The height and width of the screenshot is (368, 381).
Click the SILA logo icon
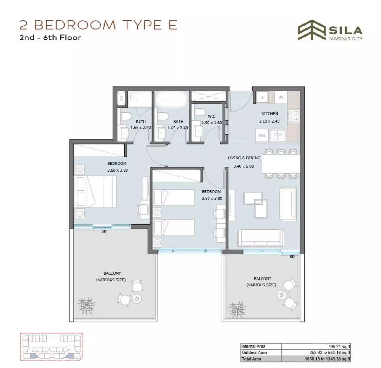click(x=312, y=30)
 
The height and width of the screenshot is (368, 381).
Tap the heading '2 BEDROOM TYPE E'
click(x=98, y=25)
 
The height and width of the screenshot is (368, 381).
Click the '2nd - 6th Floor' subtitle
click(x=50, y=37)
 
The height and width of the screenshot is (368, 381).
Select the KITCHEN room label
click(x=269, y=114)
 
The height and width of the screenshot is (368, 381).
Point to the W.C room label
click(x=212, y=116)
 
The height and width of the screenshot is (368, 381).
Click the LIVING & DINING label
click(x=244, y=158)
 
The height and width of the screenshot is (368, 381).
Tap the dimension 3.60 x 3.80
click(x=118, y=170)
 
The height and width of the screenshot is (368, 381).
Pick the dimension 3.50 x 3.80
click(x=212, y=198)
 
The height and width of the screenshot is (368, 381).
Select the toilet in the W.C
click(x=200, y=112)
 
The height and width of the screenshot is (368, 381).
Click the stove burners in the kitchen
click(x=293, y=116)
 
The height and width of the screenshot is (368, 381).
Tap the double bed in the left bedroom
click(x=96, y=191)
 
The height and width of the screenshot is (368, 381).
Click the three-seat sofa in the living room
click(x=261, y=237)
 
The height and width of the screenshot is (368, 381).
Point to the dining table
click(x=281, y=164)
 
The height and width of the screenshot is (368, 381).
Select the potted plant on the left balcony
click(x=86, y=305)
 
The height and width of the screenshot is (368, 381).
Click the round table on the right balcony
click(x=281, y=294)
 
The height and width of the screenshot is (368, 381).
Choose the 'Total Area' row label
click(x=251, y=359)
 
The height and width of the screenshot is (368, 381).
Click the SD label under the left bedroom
click(x=104, y=231)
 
